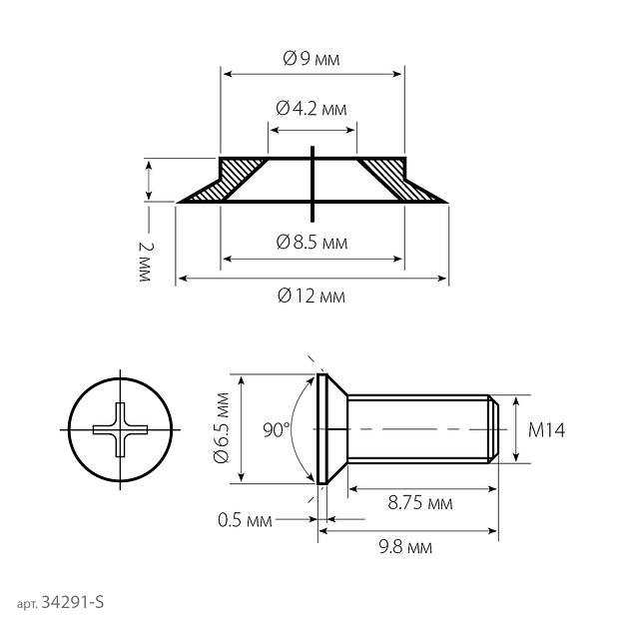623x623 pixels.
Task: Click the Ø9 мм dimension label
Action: pyautogui.click(x=311, y=59)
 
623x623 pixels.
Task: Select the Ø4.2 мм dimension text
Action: pyautogui.click(x=311, y=109)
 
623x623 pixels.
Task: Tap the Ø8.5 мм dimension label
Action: pyautogui.click(x=311, y=242)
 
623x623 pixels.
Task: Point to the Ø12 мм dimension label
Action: pyautogui.click(x=311, y=296)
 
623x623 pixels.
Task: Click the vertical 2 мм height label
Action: pyautogui.click(x=146, y=262)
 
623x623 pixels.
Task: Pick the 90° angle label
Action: pyautogui.click(x=277, y=430)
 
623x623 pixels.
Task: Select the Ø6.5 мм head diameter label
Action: pyautogui.click(x=222, y=428)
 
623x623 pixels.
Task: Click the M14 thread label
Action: pyautogui.click(x=546, y=430)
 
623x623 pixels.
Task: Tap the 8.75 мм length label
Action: pyautogui.click(x=420, y=503)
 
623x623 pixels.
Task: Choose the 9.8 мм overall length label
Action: pyautogui.click(x=405, y=547)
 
